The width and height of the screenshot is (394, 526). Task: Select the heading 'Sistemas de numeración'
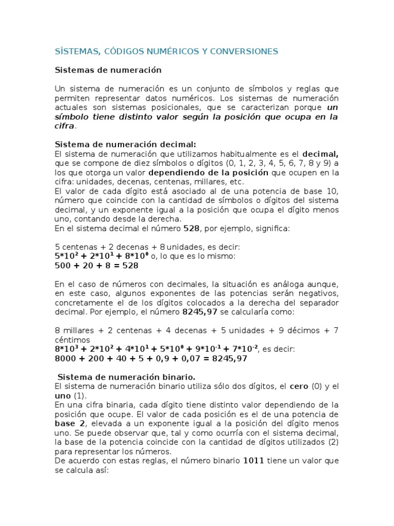pyautogui.click(x=108, y=70)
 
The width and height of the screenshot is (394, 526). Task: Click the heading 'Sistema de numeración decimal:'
pyautogui.click(x=125, y=144)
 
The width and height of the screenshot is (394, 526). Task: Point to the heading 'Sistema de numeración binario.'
pyautogui.click(x=126, y=377)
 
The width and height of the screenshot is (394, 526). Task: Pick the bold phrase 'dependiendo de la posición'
pyautogui.click(x=208, y=173)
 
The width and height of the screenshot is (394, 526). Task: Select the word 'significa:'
pyautogui.click(x=272, y=228)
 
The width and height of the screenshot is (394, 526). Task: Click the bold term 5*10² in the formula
pyautogui.click(x=67, y=255)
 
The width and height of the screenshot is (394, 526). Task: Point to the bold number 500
pyautogui.click(x=64, y=266)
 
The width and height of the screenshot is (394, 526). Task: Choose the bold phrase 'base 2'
pyautogui.click(x=71, y=423)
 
